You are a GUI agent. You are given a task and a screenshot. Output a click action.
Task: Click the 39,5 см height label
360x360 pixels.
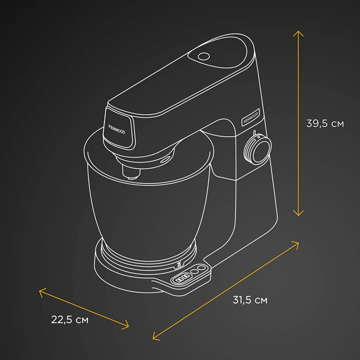(x=324, y=123)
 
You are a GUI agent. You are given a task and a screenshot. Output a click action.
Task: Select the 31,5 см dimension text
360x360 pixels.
(x=250, y=300)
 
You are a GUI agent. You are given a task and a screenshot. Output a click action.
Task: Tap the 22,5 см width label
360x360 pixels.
(x=69, y=320)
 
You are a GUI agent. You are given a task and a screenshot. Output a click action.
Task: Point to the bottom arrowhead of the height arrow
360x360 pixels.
(x=297, y=214)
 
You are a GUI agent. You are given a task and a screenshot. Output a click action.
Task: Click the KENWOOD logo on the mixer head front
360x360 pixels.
(x=116, y=128)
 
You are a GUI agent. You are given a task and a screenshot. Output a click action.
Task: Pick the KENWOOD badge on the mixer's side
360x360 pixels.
(x=251, y=117)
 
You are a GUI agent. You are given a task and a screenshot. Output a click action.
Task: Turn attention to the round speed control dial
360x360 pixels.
(x=257, y=148)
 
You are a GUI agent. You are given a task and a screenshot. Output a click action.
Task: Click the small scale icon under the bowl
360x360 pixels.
(x=180, y=264)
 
